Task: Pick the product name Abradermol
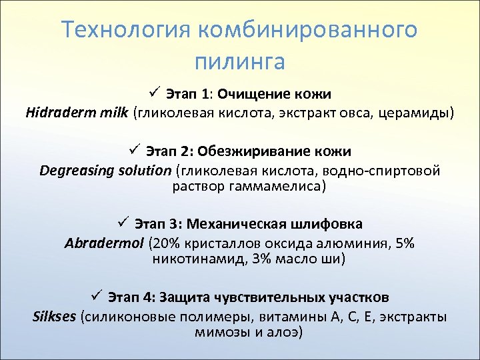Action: (x=104, y=242)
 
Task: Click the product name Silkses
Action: (x=55, y=316)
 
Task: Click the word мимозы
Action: (x=219, y=332)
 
